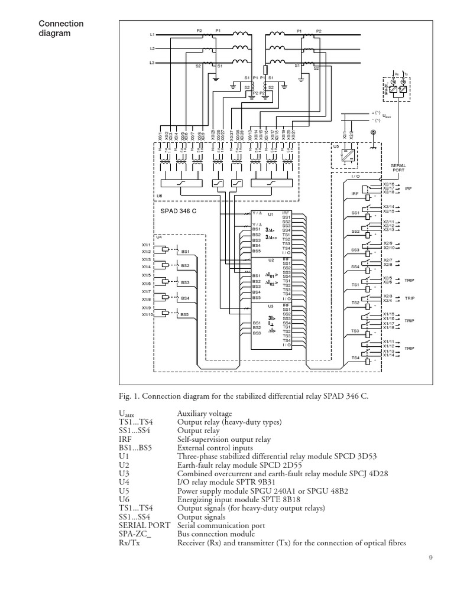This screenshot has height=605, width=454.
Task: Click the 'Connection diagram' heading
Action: pyautogui.click(x=61, y=28)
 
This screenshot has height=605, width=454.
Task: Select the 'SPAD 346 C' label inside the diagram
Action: pyautogui.click(x=179, y=210)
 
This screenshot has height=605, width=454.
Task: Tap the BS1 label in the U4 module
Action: pyautogui.click(x=185, y=251)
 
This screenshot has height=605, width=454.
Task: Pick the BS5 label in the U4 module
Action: pyautogui.click(x=185, y=315)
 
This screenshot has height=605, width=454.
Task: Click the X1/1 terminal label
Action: pyautogui.click(x=147, y=244)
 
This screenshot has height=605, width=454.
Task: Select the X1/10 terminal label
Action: pyautogui.click(x=148, y=315)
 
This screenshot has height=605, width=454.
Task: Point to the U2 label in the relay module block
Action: pyautogui.click(x=271, y=259)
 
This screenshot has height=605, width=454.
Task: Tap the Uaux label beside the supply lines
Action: pyautogui.click(x=387, y=116)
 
